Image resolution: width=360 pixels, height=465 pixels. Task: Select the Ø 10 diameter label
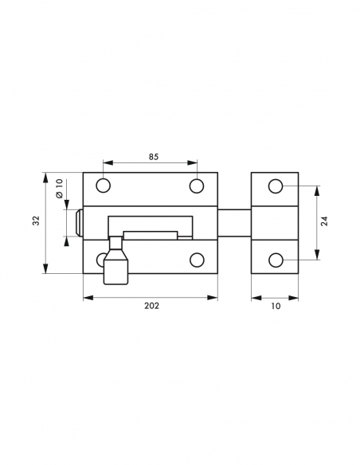(x=60, y=193)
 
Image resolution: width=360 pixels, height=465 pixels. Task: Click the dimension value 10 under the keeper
(x=275, y=307)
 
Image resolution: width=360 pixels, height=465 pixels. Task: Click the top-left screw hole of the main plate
(x=103, y=186)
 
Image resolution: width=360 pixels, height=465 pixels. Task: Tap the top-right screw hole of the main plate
(x=196, y=186)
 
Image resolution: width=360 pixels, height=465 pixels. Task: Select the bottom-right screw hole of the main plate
(x=196, y=260)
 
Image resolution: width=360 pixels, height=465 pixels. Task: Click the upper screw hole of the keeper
(x=275, y=186)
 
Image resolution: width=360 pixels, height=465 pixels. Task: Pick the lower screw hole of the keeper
(x=275, y=260)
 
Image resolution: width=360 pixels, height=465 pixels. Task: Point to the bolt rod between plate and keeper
(x=234, y=223)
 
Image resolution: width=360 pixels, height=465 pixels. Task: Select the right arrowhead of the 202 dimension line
(x=214, y=297)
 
